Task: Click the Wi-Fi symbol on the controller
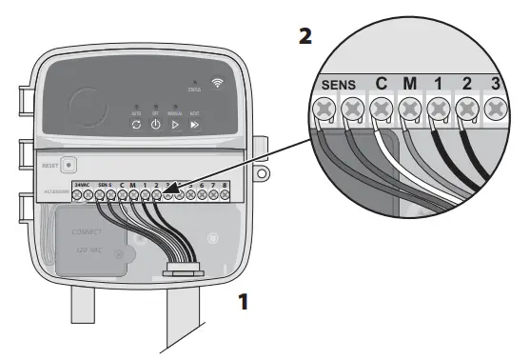(x=218, y=83)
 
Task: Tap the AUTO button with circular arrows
(x=136, y=125)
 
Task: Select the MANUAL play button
(x=174, y=125)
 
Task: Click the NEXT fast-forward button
(x=194, y=125)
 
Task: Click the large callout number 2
(x=304, y=38)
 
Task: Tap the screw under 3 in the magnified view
(x=496, y=110)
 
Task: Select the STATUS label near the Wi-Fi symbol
(x=194, y=90)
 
